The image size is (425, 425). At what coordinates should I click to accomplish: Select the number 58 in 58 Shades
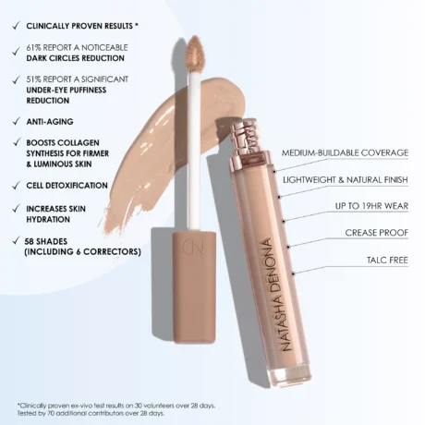(x=32, y=240)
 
